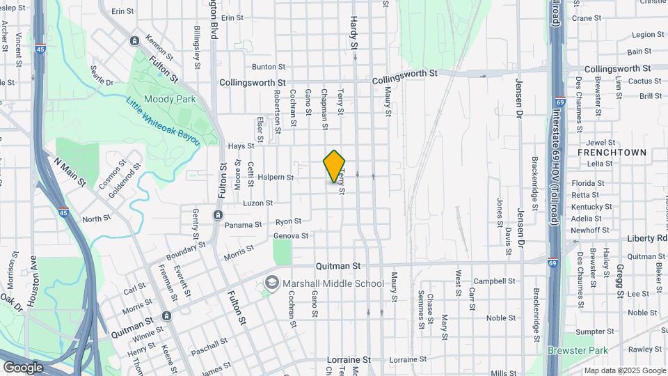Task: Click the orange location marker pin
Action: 334,166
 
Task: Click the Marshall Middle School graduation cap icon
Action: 271,283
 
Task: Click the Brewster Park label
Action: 578,350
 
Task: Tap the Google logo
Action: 23,367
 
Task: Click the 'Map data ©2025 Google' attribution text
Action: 624,370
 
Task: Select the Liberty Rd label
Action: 647,238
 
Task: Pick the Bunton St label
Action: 269,67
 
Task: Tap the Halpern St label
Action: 275,177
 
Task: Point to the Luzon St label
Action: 257,203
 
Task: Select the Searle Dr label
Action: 102,77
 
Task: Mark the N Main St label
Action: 69,172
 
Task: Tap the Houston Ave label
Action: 31,282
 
